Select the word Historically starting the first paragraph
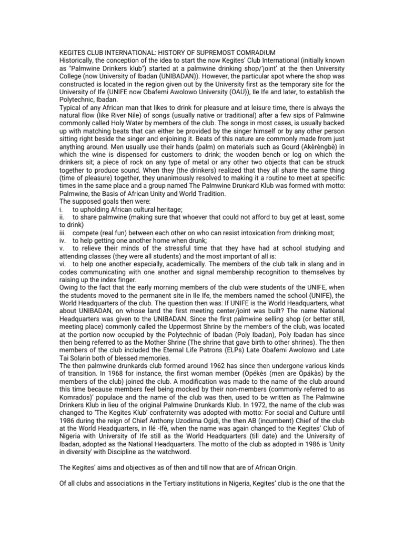pos(77,61)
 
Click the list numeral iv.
pos(62,240)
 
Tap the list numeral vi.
pos(62,264)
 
